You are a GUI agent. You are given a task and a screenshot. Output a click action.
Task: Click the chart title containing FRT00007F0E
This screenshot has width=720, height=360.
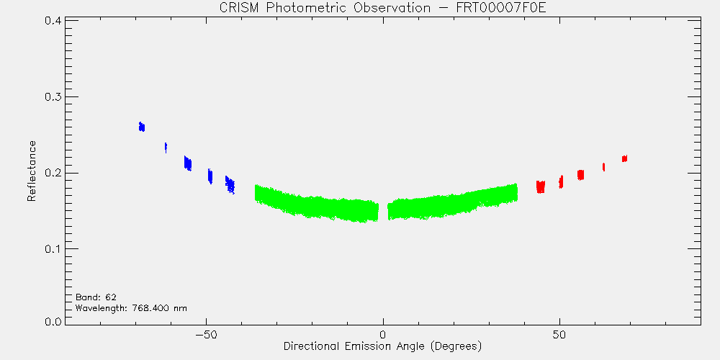click(x=382, y=8)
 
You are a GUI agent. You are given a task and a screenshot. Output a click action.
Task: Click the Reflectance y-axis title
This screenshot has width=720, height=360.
click(x=31, y=171)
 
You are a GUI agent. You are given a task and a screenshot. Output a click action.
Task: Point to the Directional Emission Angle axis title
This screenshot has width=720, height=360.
click(x=382, y=346)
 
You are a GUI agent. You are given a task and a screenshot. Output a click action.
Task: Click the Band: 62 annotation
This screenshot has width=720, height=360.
click(x=92, y=297)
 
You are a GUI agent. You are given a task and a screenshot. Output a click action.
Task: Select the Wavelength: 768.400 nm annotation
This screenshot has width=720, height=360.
click(x=131, y=308)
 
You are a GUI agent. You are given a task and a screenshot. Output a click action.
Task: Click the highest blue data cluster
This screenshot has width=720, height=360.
click(x=142, y=127)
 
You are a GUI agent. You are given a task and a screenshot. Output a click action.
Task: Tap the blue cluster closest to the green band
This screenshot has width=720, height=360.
click(x=230, y=184)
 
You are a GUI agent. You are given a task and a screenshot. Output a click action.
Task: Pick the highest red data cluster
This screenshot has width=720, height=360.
click(x=624, y=158)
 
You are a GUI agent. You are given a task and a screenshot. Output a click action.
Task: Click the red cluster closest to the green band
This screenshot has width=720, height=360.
click(x=541, y=186)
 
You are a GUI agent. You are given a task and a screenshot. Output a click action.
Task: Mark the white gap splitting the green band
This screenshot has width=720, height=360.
click(x=383, y=211)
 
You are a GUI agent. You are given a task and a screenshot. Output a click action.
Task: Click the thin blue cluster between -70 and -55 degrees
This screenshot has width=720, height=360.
click(x=166, y=148)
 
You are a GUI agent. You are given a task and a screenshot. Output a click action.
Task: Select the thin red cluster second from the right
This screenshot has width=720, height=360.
click(x=604, y=167)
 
